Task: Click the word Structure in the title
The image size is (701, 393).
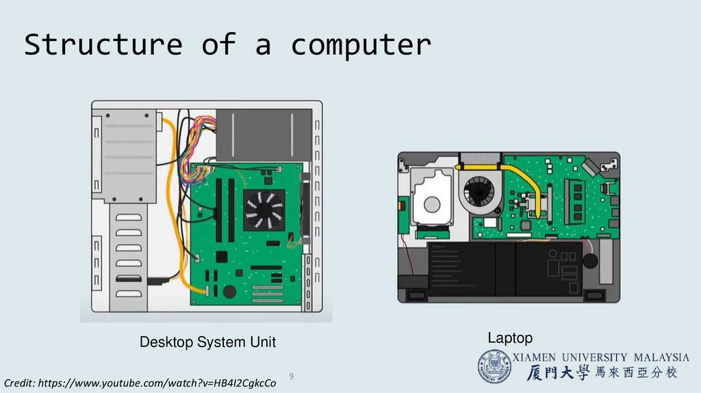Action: click(103, 45)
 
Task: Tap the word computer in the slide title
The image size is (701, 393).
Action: click(361, 45)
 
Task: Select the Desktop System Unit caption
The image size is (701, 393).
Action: click(207, 342)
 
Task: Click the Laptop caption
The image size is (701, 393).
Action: click(509, 338)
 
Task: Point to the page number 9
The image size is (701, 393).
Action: click(292, 377)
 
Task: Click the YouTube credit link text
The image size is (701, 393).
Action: click(140, 383)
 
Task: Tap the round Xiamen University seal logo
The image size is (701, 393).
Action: click(494, 366)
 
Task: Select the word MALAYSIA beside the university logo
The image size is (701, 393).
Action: click(660, 357)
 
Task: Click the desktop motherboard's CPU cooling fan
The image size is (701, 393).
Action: click(264, 210)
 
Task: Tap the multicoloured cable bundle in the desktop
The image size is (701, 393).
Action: click(198, 147)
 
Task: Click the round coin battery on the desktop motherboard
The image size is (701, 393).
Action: click(229, 291)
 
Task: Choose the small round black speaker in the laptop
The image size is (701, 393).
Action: click(589, 261)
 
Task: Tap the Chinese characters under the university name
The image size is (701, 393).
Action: click(601, 373)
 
